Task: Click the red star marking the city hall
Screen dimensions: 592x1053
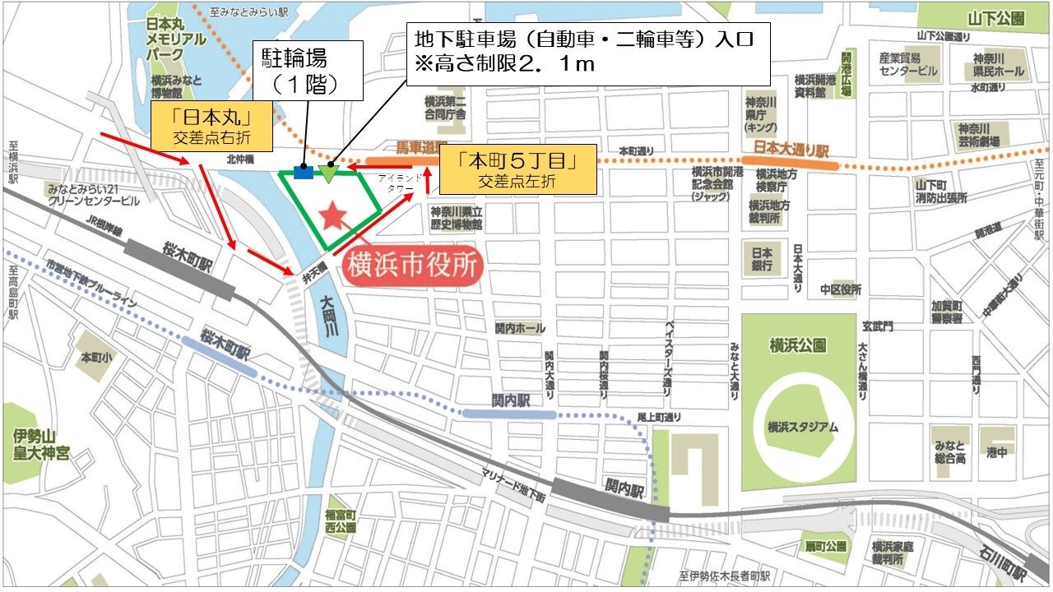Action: [332, 216]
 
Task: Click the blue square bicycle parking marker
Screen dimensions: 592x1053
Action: [303, 173]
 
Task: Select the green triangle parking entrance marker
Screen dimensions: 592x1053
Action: [329, 173]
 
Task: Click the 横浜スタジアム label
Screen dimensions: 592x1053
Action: [801, 427]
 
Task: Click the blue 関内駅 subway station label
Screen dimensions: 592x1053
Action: [508, 400]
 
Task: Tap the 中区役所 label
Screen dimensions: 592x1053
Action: [840, 290]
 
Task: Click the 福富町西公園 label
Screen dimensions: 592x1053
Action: [339, 520]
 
